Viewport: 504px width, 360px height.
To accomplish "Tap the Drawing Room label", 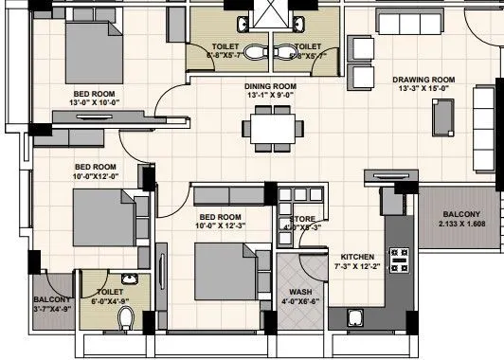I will click(424, 79).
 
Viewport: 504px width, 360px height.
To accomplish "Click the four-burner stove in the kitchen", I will click(399, 256).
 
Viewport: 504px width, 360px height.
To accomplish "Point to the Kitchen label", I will click(357, 257).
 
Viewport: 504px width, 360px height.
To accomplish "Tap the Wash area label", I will click(300, 292).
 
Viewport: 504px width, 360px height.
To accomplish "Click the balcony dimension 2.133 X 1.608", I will click(461, 225).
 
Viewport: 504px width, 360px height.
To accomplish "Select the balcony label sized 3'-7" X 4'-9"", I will click(53, 307).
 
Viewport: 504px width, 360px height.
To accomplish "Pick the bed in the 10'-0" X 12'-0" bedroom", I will click(102, 211).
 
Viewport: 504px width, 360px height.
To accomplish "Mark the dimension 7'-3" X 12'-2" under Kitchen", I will click(357, 267).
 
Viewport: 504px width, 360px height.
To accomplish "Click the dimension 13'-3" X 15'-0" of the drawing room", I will click(424, 89).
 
